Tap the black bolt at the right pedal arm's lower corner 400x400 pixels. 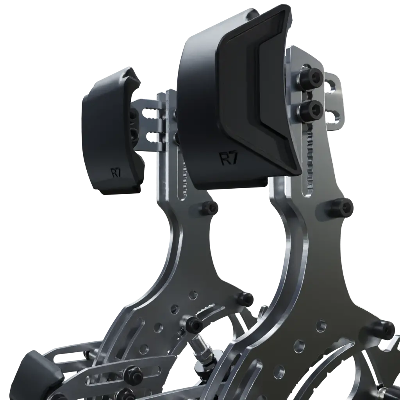(383, 330)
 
